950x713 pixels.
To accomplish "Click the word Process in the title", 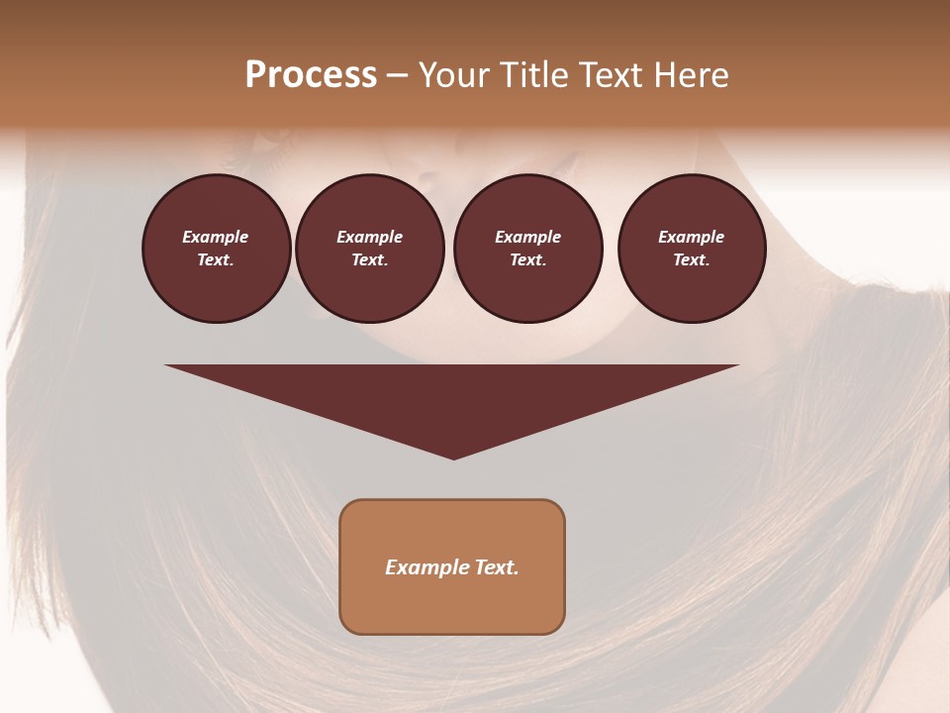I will [311, 75].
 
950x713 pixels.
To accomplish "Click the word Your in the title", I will [455, 75].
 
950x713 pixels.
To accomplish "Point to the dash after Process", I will [398, 76].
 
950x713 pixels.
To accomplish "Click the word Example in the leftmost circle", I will [216, 237].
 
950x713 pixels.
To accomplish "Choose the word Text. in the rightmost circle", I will [692, 259].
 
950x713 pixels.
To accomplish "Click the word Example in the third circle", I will [528, 237].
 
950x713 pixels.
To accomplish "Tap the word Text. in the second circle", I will [370, 259].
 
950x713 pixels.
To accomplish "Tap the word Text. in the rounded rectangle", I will [496, 567].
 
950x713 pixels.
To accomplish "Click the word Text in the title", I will [611, 75].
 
